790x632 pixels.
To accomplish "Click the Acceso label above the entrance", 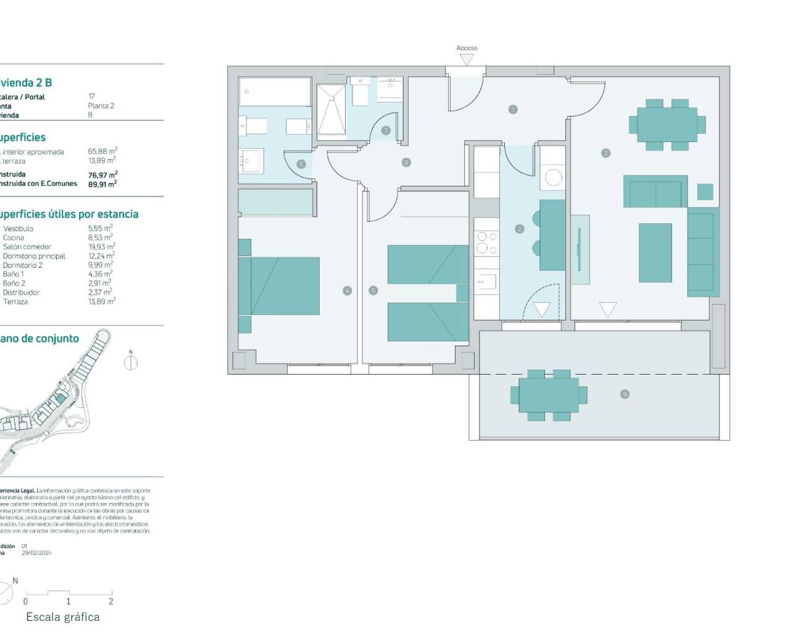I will [467, 48].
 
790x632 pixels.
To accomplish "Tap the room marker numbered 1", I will [513, 109].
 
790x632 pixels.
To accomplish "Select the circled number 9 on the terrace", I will [625, 394].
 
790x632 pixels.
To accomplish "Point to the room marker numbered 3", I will [605, 153].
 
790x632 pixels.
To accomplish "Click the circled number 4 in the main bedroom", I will [347, 291].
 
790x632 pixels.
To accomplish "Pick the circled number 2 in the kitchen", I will [519, 229].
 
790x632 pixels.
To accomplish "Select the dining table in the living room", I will [667, 125].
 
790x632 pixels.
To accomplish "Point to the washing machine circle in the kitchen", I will [552, 178].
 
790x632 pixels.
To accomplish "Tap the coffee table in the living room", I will [655, 252].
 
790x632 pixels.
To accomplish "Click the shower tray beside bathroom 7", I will [331, 110].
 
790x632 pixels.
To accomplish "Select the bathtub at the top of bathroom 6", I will [275, 92].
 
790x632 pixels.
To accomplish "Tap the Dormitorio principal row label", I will [35, 256].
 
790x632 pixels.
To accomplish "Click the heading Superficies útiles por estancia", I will [68, 214].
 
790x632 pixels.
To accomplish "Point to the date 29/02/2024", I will [36, 553].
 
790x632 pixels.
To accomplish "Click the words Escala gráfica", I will [62, 617].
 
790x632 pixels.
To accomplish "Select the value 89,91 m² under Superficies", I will [102, 184].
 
